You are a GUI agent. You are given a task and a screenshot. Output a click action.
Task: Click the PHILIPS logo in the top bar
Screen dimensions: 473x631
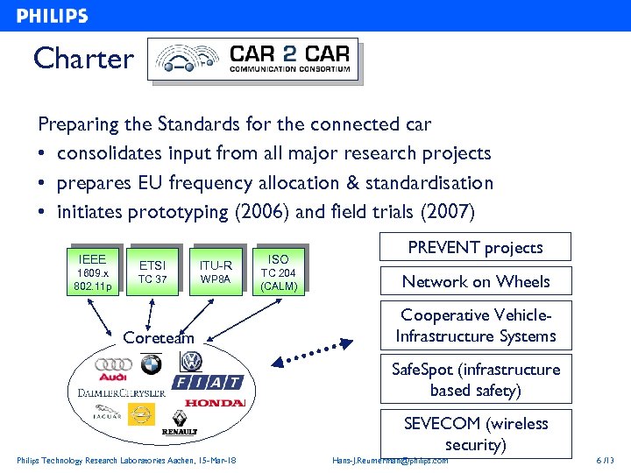click(53, 16)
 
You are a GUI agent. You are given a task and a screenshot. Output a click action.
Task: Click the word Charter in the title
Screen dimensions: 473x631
click(83, 59)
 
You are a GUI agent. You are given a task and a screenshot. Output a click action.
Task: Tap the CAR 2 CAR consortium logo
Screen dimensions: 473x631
click(254, 59)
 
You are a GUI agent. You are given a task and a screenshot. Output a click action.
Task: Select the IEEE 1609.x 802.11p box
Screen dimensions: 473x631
click(92, 272)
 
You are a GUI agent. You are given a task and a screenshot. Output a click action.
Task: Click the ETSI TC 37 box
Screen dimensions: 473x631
click(152, 272)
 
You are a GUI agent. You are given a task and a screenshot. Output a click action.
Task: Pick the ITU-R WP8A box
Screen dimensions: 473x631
click(215, 272)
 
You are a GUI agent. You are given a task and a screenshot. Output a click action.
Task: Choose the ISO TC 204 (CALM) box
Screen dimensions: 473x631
click(278, 272)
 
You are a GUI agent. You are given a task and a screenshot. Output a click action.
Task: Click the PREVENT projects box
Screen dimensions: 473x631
click(474, 247)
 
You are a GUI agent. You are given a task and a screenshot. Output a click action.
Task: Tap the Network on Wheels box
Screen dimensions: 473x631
click(474, 281)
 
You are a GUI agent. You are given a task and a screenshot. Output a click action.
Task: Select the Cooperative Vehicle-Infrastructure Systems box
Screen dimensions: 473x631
click(474, 325)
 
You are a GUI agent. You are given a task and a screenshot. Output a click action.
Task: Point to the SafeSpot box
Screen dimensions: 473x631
click(474, 379)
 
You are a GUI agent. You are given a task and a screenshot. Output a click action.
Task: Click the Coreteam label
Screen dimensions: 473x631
click(159, 337)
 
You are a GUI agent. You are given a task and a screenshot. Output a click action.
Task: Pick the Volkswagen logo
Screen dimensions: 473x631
click(190, 363)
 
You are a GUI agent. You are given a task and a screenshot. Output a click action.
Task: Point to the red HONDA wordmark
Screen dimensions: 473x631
click(215, 403)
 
